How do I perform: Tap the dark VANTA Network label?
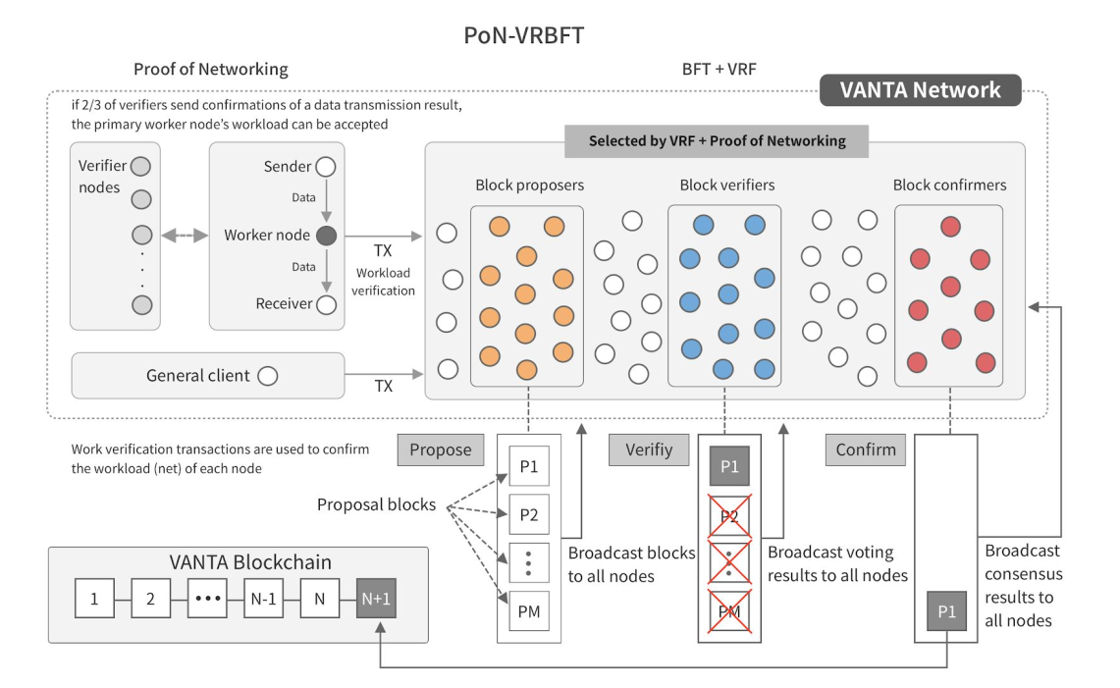click(920, 90)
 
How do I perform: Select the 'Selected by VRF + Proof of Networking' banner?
click(717, 140)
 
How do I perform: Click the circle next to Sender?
click(326, 167)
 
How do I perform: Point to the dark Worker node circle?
click(326, 236)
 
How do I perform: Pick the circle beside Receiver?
click(326, 304)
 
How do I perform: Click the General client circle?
click(266, 375)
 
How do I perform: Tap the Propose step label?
click(442, 450)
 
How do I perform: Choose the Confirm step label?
click(866, 450)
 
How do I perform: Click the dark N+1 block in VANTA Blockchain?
click(376, 597)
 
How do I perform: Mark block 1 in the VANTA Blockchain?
click(94, 597)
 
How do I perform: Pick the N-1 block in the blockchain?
click(263, 597)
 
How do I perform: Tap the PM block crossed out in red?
click(728, 613)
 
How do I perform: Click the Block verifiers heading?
click(726, 185)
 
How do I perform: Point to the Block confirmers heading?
click(949, 185)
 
